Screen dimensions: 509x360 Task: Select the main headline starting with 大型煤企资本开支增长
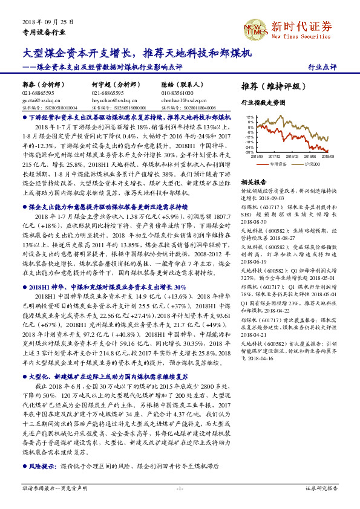pos(136,53)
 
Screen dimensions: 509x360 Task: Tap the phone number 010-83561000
pos(178,93)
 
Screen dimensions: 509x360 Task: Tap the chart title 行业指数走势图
pos(263,103)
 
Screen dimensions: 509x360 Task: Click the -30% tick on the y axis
pos(249,152)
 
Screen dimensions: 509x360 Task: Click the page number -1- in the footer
pos(180,488)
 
